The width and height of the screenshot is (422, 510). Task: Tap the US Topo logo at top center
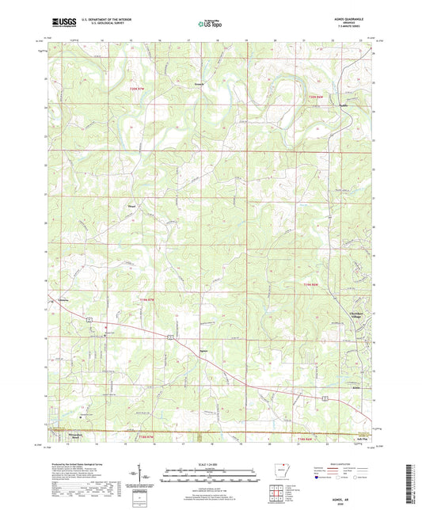coord(211,25)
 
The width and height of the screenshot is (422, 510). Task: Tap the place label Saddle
coord(343,105)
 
